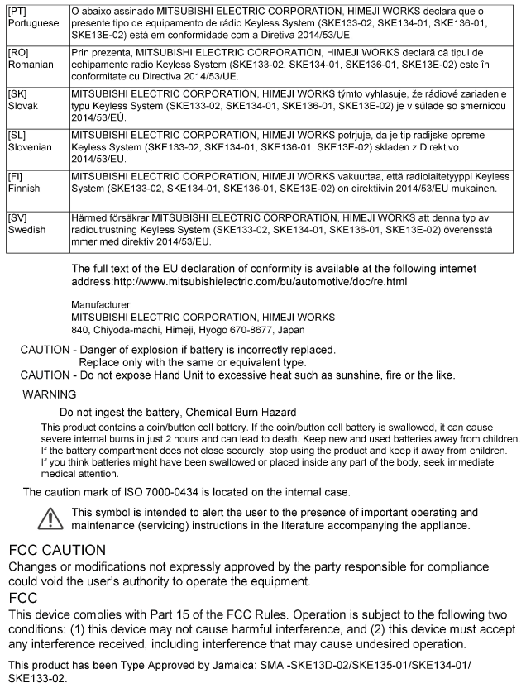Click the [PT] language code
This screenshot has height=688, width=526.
tap(16, 12)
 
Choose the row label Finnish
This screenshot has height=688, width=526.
tap(24, 188)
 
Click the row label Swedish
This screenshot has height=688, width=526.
tap(27, 229)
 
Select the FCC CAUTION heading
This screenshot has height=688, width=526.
tap(57, 550)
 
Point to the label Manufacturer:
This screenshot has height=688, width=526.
tap(103, 305)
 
